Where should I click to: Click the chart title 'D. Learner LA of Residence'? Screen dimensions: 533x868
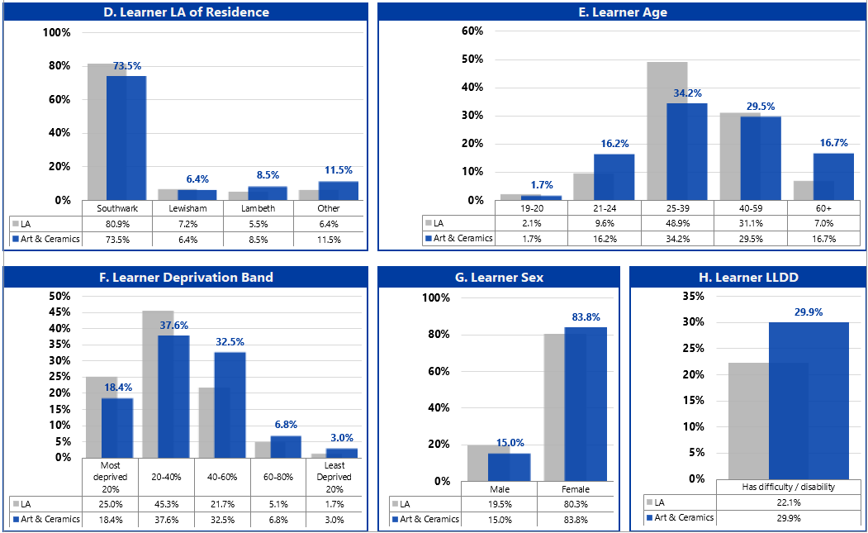186,12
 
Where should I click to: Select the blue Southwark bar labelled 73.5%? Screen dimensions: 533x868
126,137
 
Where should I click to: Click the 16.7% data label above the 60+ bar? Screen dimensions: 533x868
833,143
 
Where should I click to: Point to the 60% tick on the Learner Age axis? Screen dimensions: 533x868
472,31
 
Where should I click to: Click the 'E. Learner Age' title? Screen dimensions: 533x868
623,12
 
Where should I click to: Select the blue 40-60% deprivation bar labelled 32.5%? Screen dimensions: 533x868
230,404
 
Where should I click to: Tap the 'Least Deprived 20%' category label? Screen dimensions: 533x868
334,477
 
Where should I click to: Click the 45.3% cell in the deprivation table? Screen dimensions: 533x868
166,504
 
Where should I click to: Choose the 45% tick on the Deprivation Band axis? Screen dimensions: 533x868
61,312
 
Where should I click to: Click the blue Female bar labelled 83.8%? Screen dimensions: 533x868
586,404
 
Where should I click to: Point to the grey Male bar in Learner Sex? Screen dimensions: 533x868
477,463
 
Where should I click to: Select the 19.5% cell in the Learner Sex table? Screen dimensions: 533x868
500,504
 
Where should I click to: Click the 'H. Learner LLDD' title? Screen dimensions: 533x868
748,278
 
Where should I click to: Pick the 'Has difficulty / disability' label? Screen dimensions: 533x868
788,487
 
